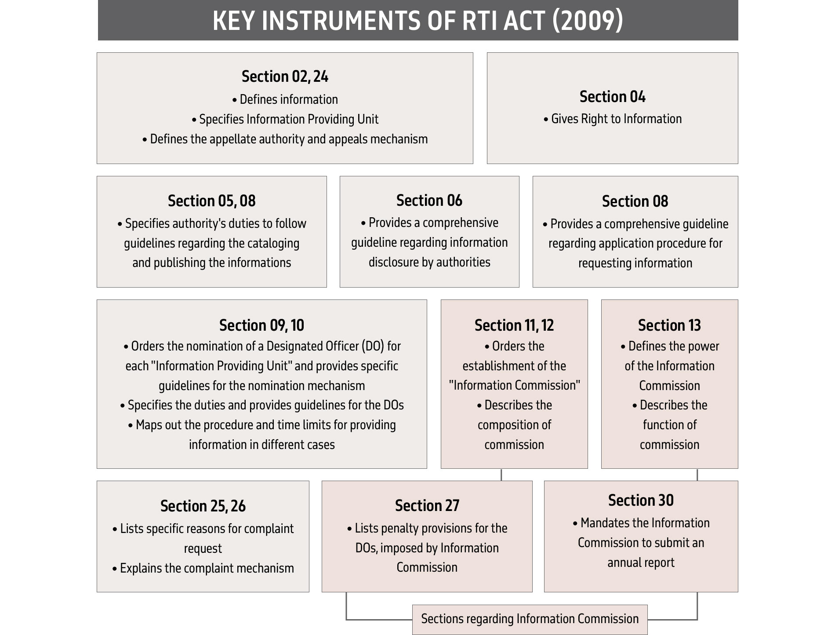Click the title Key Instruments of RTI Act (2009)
pyautogui.click(x=417, y=21)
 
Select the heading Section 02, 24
pyautogui.click(x=285, y=77)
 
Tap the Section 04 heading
pyautogui.click(x=612, y=97)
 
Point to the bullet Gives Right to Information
pyautogui.click(x=616, y=119)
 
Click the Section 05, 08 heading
pyautogui.click(x=211, y=201)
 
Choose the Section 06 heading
pyautogui.click(x=429, y=201)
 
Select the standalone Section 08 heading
pyautogui.click(x=635, y=201)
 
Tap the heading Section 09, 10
pyautogui.click(x=261, y=325)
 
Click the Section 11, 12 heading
pyautogui.click(x=514, y=325)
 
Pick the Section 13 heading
pyautogui.click(x=669, y=325)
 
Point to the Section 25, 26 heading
pyautogui.click(x=203, y=506)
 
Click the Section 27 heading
pyautogui.click(x=427, y=506)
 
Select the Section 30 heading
pyautogui.click(x=640, y=500)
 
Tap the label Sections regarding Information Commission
pyautogui.click(x=530, y=619)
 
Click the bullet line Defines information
pyautogui.click(x=288, y=99)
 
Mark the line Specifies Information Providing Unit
pyautogui.click(x=288, y=119)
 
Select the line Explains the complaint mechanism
pyautogui.click(x=207, y=568)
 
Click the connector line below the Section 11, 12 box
pyautogui.click(x=501, y=474)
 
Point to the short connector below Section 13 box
pyautogui.click(x=697, y=474)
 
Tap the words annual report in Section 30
pyautogui.click(x=640, y=562)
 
